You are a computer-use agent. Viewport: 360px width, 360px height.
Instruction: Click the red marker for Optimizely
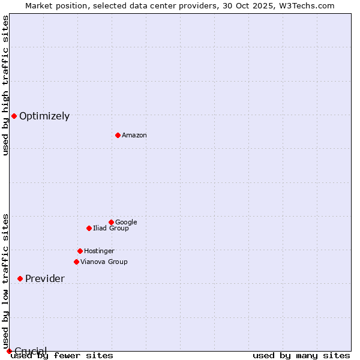tap(14, 116)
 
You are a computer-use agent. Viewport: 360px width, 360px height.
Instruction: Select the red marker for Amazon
tap(118, 135)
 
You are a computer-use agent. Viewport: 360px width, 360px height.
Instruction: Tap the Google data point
tap(111, 222)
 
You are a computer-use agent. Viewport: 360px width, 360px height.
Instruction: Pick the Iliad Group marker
tap(89, 228)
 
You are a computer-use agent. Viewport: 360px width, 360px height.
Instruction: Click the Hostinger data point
tap(80, 251)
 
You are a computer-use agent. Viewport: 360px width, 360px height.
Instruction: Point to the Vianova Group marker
tap(76, 262)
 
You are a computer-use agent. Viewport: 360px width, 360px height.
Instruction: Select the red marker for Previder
tap(20, 278)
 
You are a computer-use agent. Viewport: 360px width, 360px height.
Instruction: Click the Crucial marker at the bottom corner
tap(9, 351)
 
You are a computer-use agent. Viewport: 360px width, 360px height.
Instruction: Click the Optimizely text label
tap(44, 116)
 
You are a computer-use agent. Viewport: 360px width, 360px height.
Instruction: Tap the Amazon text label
tap(134, 136)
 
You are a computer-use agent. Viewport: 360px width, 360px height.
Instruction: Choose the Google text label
tap(126, 223)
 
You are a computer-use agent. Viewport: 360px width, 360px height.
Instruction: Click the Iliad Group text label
tap(111, 229)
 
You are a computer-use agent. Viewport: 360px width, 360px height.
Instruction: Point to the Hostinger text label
tap(99, 251)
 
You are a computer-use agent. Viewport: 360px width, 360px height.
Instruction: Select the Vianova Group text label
tap(104, 262)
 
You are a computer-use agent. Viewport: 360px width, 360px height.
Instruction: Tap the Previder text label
tap(45, 279)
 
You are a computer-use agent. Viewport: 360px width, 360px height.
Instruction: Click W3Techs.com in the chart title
tap(305, 5)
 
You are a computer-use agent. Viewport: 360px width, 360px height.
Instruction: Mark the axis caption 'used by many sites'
tap(301, 356)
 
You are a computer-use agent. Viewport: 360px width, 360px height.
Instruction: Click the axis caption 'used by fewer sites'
tap(62, 356)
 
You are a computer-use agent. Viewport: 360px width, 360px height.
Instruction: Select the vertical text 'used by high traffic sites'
tap(5, 85)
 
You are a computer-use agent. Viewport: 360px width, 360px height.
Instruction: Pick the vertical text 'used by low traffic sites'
tap(5, 281)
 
